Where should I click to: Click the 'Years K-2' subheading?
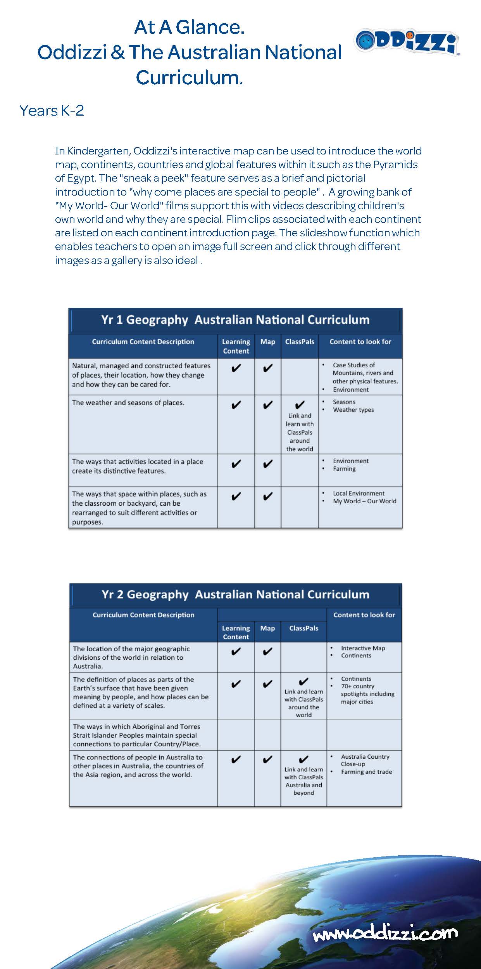tap(52, 111)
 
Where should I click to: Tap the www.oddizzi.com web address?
tap(385, 933)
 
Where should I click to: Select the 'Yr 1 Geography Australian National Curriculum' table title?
tap(235, 320)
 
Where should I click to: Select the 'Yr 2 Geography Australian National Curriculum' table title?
tap(235, 595)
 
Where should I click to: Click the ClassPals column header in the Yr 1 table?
tap(300, 342)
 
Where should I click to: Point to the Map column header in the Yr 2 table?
tap(267, 628)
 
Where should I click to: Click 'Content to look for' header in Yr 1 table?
tap(360, 342)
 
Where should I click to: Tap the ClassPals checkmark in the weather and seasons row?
tap(300, 405)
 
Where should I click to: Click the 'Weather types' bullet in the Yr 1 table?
tap(353, 410)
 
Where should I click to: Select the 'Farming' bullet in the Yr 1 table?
tap(344, 469)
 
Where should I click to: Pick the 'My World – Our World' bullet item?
tap(364, 501)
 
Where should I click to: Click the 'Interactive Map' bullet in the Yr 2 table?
tap(363, 648)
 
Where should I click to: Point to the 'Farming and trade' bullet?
tap(366, 772)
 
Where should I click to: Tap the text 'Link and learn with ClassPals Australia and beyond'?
tap(303, 781)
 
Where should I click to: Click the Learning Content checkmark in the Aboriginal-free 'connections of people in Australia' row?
tap(236, 760)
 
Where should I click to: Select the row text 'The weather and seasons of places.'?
tap(128, 403)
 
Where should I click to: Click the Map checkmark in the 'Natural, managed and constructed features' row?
tap(267, 368)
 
